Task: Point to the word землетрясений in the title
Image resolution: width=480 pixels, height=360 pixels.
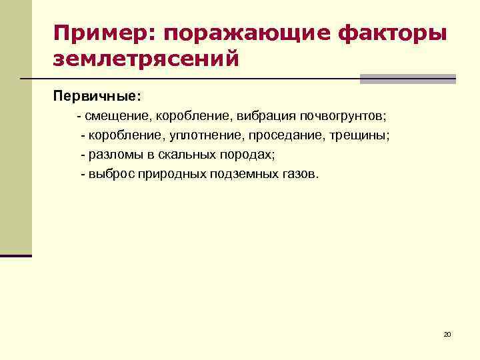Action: tap(146, 60)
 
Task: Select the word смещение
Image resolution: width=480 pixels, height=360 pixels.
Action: tap(118, 116)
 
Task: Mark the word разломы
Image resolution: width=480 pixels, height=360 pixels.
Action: tap(113, 155)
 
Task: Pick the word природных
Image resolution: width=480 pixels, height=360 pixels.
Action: tap(170, 174)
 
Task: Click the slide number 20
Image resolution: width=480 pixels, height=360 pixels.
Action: tap(447, 333)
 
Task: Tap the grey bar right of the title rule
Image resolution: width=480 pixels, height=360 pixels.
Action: tap(407, 79)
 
